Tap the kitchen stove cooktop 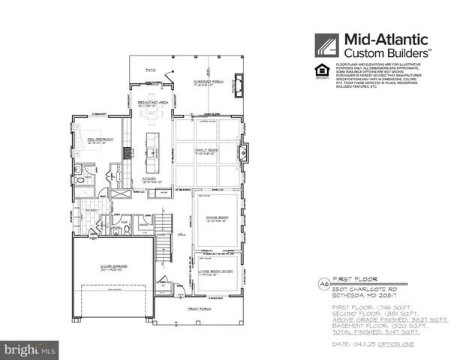[x=128, y=152]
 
